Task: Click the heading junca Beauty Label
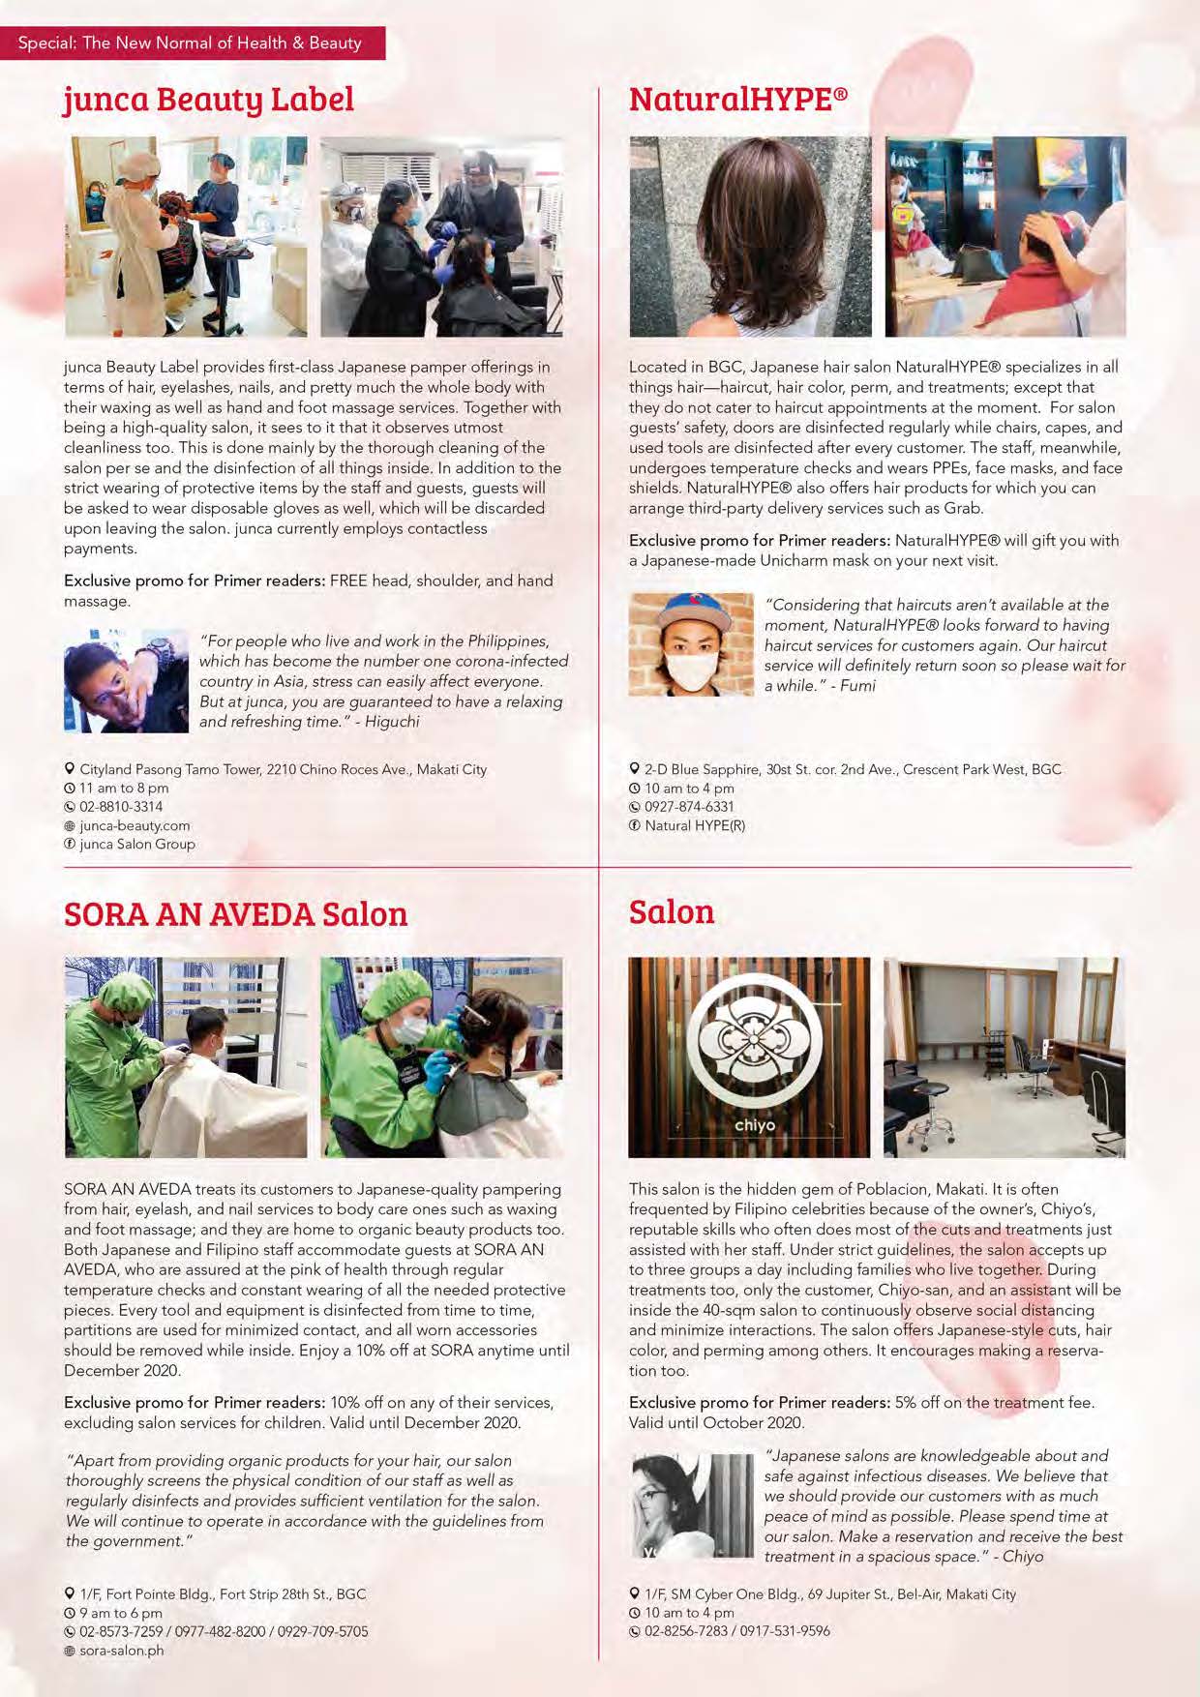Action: click(209, 100)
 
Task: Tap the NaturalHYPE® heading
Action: click(737, 100)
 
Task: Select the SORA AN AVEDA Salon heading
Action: click(235, 914)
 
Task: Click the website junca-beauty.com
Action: click(135, 825)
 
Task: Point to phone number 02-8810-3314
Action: click(121, 807)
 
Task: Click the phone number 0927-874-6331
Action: click(689, 807)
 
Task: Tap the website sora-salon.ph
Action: click(121, 1651)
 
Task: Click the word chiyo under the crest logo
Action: click(754, 1125)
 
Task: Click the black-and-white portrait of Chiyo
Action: click(691, 1505)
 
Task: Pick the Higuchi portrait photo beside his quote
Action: click(126, 681)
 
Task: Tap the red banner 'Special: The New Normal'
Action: click(191, 44)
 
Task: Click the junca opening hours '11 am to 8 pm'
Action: click(124, 789)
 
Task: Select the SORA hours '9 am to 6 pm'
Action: click(121, 1614)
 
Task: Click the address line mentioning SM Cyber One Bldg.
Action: click(830, 1594)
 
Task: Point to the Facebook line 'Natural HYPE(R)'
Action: click(695, 825)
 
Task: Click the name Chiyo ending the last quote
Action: click(1023, 1557)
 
